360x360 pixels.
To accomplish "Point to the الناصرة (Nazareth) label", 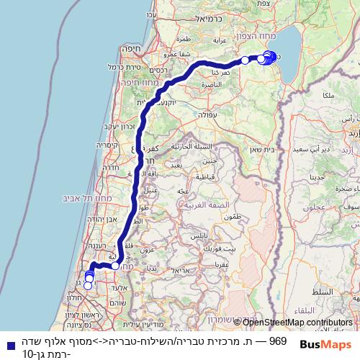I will tap(217, 84).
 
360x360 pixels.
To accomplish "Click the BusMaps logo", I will tap(326, 344).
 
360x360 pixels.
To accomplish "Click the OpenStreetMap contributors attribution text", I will tap(298, 323).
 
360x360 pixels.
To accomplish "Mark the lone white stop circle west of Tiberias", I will tap(245, 60).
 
